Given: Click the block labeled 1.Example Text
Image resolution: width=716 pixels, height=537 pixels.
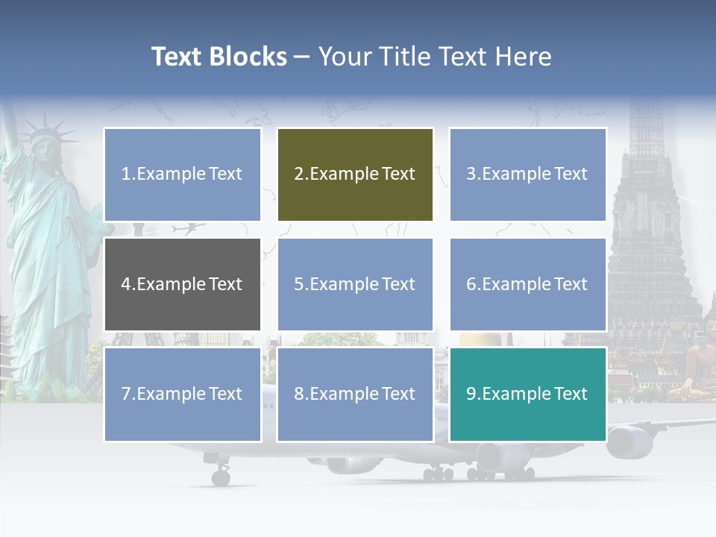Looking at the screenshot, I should pos(182,175).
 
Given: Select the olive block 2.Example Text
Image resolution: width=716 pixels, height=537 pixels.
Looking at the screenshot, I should pos(355,175).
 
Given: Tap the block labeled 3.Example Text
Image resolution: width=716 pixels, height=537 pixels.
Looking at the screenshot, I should pos(527,175).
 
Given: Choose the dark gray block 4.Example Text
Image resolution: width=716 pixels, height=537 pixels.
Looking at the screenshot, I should pos(182,284).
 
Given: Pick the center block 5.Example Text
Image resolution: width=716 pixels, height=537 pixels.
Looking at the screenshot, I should pos(355,284).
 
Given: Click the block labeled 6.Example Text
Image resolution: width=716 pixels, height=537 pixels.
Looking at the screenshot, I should pos(527,284).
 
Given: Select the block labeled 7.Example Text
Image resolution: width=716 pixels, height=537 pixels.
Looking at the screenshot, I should pos(182,394).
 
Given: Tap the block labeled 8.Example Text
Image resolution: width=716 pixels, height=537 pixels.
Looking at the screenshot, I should pos(355,394).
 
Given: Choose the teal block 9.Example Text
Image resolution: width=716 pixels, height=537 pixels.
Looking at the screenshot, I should pos(527,394).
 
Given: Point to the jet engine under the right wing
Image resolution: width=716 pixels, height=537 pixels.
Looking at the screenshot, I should pos(628,442).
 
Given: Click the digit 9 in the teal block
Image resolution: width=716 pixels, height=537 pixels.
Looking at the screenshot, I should pos(471,394).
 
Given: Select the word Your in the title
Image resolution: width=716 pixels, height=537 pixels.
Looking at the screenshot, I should pos(339,57).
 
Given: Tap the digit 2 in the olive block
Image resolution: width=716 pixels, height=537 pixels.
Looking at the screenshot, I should pos(299,175).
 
